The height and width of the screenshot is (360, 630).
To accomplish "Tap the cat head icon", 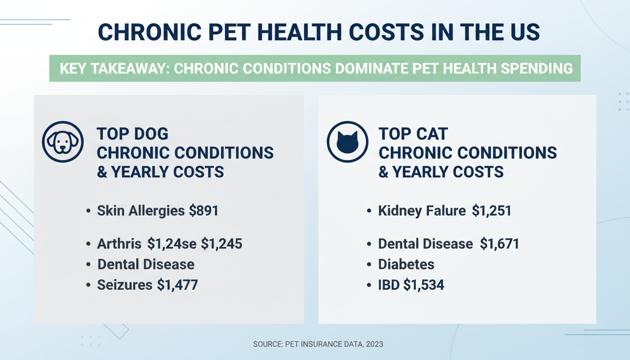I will click(347, 142).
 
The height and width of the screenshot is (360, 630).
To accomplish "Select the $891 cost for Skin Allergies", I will click(204, 211).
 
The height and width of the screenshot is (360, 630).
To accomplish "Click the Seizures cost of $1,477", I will click(177, 285).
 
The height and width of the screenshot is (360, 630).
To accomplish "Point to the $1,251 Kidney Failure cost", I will click(491, 211).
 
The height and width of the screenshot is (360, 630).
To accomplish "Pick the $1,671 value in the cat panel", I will click(499, 244).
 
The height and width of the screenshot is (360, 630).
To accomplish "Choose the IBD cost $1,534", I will click(423, 285).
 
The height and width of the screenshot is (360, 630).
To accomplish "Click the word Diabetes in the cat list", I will click(406, 264).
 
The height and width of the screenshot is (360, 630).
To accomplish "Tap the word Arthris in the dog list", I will click(119, 244).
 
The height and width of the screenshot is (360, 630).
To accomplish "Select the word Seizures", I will click(125, 285).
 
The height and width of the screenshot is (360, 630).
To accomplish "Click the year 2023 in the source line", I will click(375, 344).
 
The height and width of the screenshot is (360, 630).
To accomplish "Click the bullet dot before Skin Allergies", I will click(89, 211).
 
